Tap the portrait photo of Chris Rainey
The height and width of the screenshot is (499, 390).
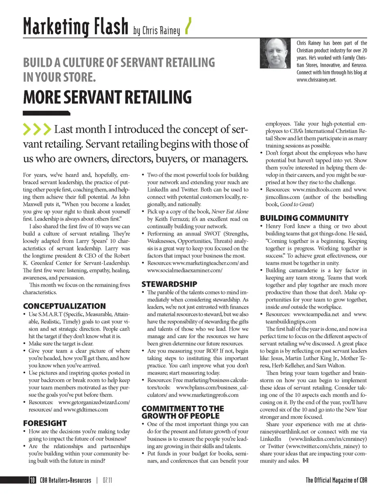point(276,53)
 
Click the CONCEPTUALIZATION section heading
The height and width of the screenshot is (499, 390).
point(64,306)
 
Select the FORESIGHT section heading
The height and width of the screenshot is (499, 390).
point(45,423)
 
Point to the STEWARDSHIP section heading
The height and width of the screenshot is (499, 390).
point(169,284)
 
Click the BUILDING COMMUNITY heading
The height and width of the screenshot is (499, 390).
point(304,218)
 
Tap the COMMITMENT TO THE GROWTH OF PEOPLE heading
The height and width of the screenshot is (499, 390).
point(182,412)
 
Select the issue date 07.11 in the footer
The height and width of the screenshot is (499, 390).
point(107,480)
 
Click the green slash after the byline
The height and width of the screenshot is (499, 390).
point(188,27)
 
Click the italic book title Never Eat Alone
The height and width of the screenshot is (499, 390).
point(230,212)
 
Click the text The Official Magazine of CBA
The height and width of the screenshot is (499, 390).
point(336,480)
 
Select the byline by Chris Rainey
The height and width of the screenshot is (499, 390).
point(156,30)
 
